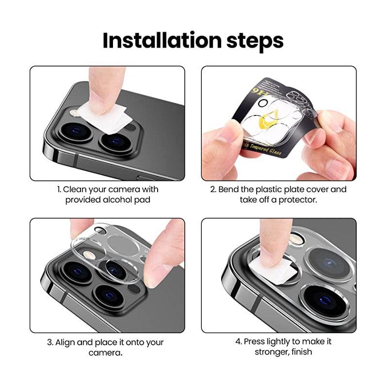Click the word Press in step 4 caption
pos(254,341)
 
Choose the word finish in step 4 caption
pos(300,352)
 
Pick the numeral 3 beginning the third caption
pos(49,342)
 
